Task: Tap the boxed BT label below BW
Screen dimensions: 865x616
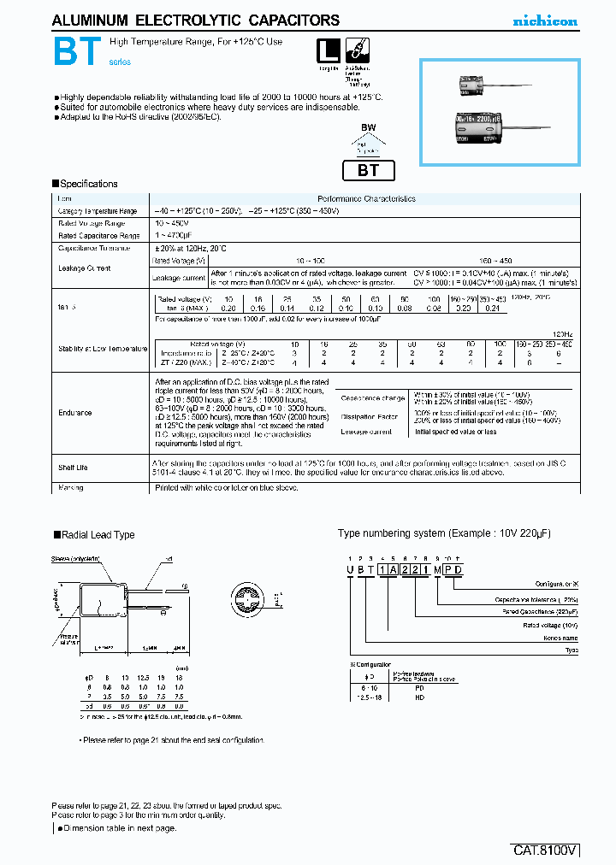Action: pyautogui.click(x=368, y=169)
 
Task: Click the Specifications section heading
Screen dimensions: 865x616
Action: pyautogui.click(x=86, y=184)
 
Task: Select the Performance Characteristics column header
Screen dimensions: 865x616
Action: pyautogui.click(x=366, y=198)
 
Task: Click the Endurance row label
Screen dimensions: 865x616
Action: pyautogui.click(x=75, y=413)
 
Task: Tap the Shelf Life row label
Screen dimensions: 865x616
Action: pyautogui.click(x=74, y=468)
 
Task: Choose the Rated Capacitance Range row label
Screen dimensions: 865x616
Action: pyautogui.click(x=98, y=235)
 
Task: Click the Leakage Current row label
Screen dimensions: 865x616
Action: pyautogui.click(x=85, y=268)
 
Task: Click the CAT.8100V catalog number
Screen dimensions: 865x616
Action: pyautogui.click(x=545, y=850)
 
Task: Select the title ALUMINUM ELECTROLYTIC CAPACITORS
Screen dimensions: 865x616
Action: pyautogui.click(x=196, y=21)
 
